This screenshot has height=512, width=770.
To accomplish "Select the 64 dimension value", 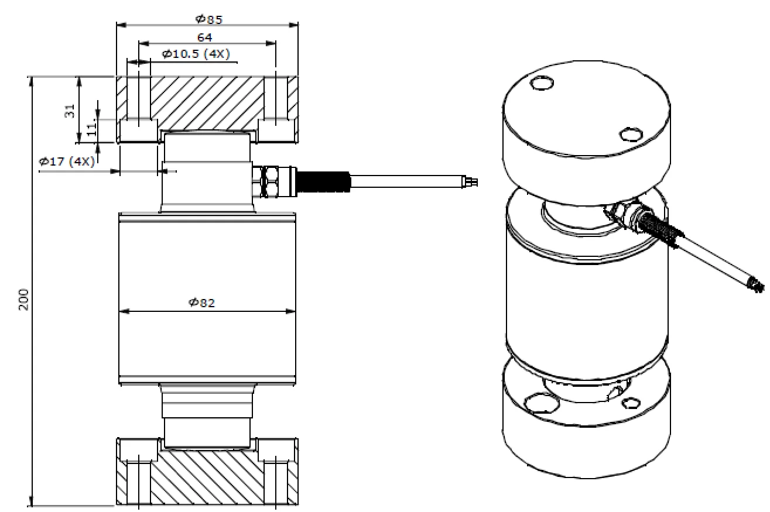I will pyautogui.click(x=204, y=37).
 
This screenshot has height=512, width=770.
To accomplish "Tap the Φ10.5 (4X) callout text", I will pyautogui.click(x=196, y=54).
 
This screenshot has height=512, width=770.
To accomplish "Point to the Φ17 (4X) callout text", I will pyautogui.click(x=66, y=161).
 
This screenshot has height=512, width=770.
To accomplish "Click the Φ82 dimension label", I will pyautogui.click(x=203, y=302).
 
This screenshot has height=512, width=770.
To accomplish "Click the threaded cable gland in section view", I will pyautogui.click(x=323, y=181).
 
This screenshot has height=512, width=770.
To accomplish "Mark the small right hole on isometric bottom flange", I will pyautogui.click(x=630, y=403).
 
